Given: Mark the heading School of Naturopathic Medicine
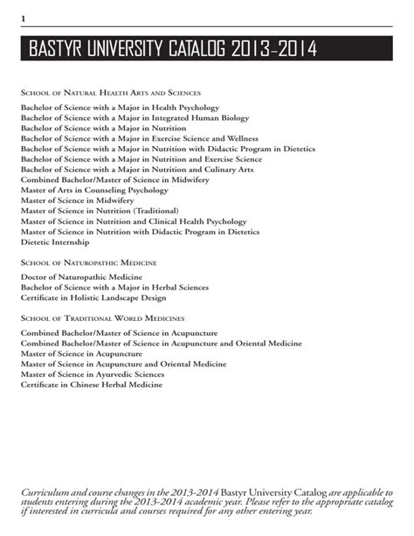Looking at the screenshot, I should tap(88, 262).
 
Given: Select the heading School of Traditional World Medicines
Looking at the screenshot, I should tap(102, 318).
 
